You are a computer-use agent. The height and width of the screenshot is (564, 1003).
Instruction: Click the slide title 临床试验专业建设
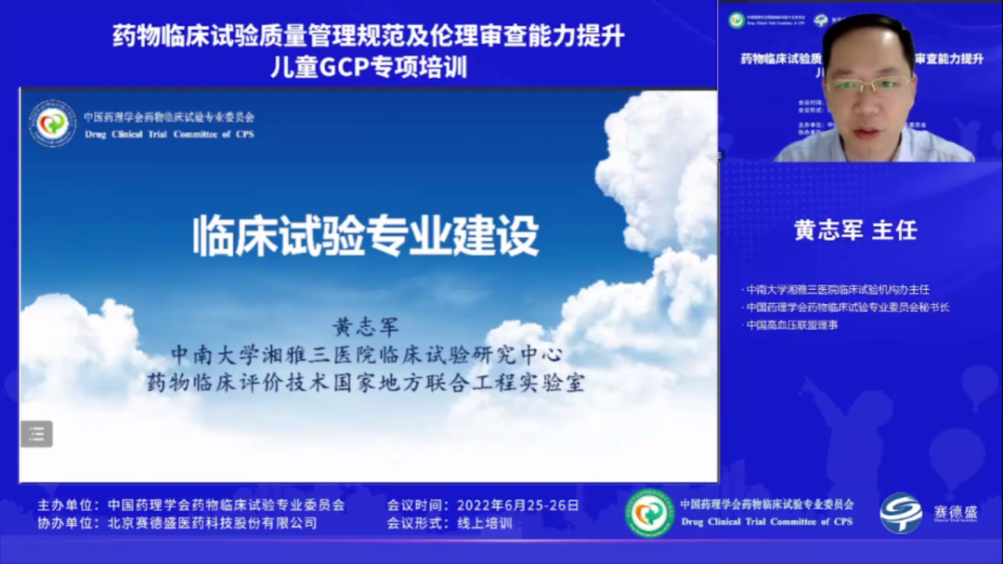[x=365, y=235]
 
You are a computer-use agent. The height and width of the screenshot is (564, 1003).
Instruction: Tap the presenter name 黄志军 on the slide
[x=365, y=328]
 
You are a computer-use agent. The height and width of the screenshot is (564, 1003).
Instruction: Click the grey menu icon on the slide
[x=37, y=433]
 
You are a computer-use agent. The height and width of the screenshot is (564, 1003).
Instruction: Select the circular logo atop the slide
[x=52, y=124]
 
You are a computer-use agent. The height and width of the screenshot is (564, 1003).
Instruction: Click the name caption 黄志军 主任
[x=855, y=230]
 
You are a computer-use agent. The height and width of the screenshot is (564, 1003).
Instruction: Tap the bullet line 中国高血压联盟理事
[x=792, y=325]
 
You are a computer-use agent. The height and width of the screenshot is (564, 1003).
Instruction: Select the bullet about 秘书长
[x=848, y=308]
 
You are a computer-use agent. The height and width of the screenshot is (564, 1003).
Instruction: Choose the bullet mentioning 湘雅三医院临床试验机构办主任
[x=838, y=290]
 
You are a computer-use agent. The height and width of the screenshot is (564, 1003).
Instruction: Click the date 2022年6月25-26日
[x=517, y=505]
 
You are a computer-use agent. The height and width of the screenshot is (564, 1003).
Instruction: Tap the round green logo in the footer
[x=649, y=513]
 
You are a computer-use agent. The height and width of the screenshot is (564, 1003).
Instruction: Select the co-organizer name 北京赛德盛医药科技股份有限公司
[x=212, y=523]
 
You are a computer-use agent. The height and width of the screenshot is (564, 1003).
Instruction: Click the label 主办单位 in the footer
[x=67, y=505]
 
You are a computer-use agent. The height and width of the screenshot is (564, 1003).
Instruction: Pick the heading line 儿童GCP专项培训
[x=368, y=67]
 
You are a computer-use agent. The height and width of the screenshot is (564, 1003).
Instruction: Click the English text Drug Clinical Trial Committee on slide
[x=168, y=134]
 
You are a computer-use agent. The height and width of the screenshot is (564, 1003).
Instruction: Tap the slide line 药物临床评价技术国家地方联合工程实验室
[x=365, y=382]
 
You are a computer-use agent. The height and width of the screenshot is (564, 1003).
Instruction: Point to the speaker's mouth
[x=863, y=132]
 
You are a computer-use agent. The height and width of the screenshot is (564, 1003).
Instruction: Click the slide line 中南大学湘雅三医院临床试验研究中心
[x=365, y=355]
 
